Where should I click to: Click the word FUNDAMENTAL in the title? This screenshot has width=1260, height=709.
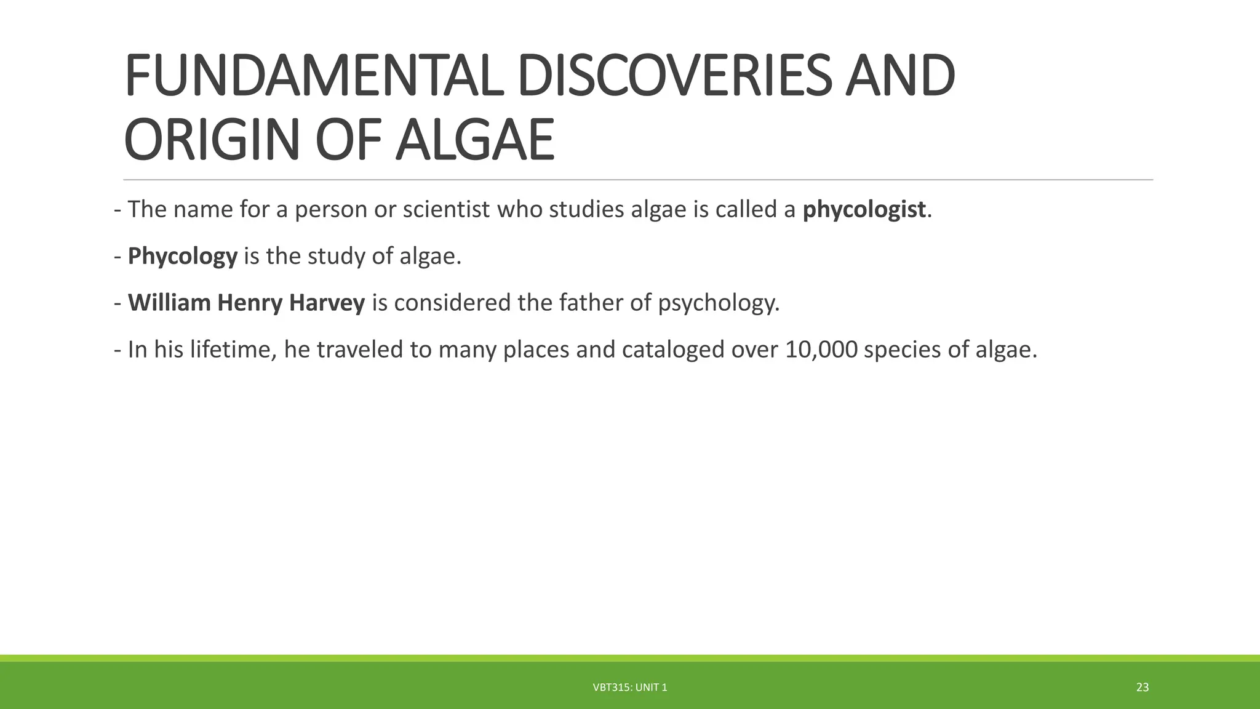317,77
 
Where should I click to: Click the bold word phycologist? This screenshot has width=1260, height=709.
864,210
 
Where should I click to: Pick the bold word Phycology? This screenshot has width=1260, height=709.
182,257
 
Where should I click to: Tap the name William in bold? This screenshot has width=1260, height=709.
169,303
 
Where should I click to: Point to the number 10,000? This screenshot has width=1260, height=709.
821,350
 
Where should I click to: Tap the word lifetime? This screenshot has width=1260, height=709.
233,350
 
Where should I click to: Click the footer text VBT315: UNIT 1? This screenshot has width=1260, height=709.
629,687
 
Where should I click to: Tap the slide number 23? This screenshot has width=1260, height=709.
1142,687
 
